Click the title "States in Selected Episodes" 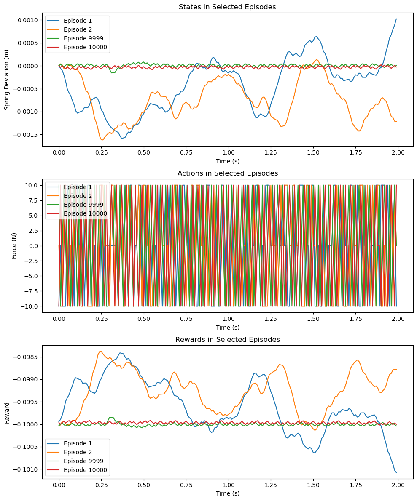point(228,7)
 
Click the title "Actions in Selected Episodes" point(228,173)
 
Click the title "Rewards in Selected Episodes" point(228,339)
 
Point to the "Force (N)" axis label point(14,245)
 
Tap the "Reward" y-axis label point(7,411)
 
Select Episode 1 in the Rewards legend point(78,443)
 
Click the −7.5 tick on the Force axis point(32,291)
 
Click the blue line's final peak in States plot point(396,19)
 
